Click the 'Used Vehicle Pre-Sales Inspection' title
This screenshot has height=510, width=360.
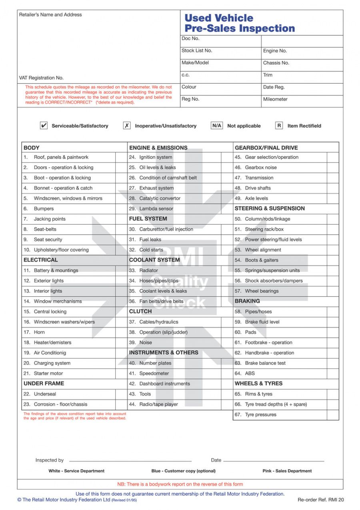click(239, 23)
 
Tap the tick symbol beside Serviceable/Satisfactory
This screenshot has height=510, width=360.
click(44, 126)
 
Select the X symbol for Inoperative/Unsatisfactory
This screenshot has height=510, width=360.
click(127, 126)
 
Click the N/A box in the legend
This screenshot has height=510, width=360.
click(217, 126)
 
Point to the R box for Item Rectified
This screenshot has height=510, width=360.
click(279, 126)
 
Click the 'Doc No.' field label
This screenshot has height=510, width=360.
click(190, 38)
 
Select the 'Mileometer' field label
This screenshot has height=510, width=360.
click(275, 99)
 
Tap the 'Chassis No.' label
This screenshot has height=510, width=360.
click(276, 63)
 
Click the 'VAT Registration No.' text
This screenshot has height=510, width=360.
click(41, 78)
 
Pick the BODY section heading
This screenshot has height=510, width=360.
click(32, 148)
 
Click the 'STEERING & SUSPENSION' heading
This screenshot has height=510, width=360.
click(270, 209)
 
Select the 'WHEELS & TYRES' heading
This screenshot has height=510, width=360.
click(258, 384)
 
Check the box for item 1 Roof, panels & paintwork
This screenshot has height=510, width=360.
click(121, 157)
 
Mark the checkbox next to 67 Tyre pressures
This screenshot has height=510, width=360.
click(333, 415)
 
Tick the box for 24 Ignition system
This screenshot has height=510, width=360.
click(227, 157)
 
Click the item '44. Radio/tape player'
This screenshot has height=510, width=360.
click(154, 404)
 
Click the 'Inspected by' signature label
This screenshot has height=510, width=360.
click(50, 460)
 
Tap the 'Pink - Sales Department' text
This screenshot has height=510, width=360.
click(287, 471)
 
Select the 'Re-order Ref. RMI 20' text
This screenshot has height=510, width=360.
click(321, 500)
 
